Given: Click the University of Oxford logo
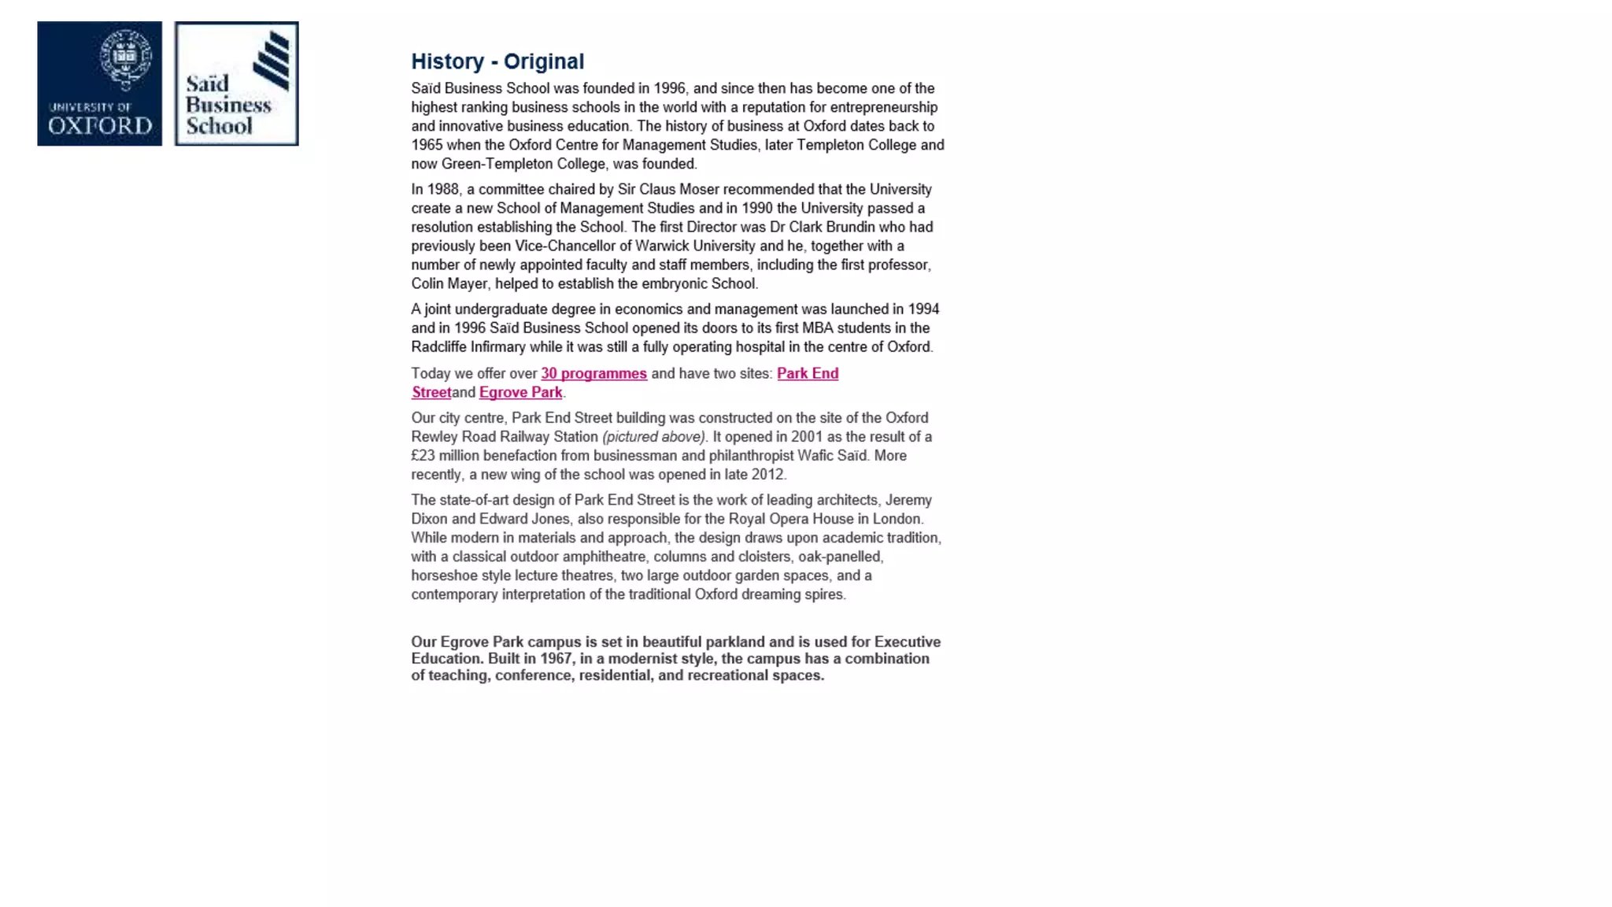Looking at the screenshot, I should [99, 83].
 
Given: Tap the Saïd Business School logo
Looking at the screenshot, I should [236, 83].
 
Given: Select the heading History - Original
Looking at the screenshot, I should [497, 61].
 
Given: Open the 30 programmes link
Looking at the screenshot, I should [593, 373].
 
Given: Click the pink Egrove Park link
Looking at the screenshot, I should [520, 392].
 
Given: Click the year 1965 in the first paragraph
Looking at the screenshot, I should [427, 145].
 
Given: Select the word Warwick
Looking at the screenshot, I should [661, 246].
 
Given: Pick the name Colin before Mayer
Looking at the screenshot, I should [427, 283].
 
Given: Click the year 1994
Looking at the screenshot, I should [923, 309].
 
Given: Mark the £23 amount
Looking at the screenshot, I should [423, 455].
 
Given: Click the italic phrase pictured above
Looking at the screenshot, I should [654, 436].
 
